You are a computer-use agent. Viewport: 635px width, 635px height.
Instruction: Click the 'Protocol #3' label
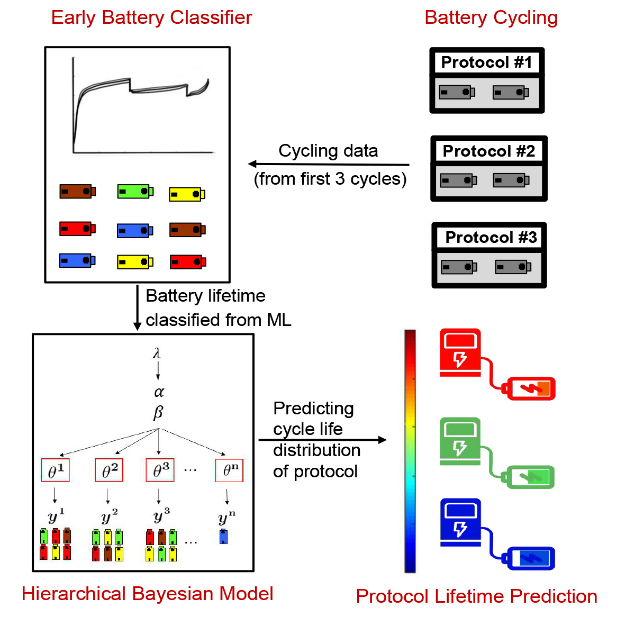click(x=490, y=238)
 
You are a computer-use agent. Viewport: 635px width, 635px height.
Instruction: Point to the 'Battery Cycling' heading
click(x=490, y=17)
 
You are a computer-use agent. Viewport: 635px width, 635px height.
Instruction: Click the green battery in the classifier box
click(x=133, y=192)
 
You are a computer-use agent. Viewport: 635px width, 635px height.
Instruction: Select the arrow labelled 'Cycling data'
click(x=329, y=165)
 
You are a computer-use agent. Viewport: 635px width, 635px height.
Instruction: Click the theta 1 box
click(x=56, y=468)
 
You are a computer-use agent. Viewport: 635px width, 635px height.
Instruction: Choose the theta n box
click(x=230, y=468)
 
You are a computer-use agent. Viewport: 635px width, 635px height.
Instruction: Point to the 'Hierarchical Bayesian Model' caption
click(x=147, y=593)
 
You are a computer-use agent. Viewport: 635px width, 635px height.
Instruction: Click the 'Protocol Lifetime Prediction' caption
click(x=476, y=597)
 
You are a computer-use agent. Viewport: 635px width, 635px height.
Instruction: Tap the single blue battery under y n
click(x=224, y=536)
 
